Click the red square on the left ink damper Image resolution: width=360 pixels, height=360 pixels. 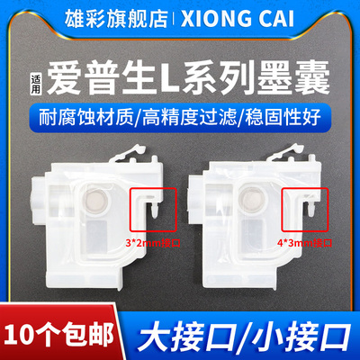point(146,203)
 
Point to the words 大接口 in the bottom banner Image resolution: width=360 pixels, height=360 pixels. point(202,327)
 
